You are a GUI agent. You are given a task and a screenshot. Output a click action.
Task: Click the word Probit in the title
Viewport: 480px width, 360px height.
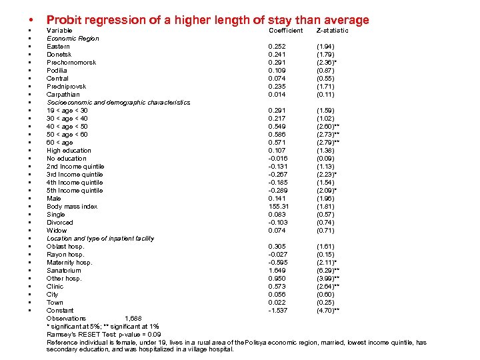[64, 21]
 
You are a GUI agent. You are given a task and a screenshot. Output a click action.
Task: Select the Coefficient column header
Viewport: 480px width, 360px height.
[285, 31]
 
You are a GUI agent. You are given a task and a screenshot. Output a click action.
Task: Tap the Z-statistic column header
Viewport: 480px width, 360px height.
[332, 31]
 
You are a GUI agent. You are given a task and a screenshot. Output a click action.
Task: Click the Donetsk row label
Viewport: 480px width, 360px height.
[59, 55]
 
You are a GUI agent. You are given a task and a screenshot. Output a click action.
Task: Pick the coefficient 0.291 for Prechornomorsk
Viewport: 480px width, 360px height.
[277, 63]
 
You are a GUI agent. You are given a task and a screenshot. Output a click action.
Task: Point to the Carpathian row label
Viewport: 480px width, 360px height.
[63, 95]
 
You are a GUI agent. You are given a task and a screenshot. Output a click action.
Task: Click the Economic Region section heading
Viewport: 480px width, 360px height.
[73, 39]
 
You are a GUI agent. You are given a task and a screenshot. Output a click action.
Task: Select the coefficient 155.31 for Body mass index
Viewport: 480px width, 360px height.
[279, 207]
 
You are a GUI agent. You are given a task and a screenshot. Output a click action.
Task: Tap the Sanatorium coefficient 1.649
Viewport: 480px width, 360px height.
[277, 271]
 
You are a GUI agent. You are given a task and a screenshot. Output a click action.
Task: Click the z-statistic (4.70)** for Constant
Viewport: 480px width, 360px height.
[328, 311]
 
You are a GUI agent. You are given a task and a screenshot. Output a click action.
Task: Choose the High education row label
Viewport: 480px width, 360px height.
[69, 151]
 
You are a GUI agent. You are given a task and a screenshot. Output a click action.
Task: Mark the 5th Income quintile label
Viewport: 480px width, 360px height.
[75, 191]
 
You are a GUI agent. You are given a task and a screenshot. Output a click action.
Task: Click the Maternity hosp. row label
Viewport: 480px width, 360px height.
[69, 263]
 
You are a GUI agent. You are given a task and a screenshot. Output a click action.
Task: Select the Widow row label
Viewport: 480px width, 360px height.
[57, 231]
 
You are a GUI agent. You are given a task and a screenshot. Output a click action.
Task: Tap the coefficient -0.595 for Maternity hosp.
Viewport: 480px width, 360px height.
[278, 263]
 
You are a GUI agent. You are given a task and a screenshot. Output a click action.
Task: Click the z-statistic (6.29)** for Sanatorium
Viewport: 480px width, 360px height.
[328, 271]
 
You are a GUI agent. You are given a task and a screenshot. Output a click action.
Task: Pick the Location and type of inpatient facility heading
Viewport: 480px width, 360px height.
[100, 239]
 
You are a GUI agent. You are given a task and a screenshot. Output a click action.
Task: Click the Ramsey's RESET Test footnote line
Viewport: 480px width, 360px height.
[103, 334]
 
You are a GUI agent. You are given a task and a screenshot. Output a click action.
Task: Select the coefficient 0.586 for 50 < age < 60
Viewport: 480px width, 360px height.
[277, 135]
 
